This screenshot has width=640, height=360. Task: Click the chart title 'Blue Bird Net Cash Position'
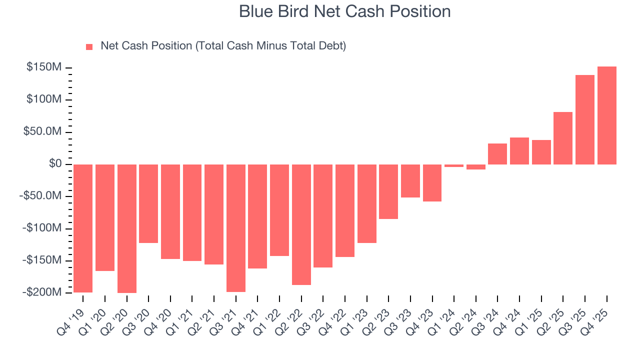click(344, 11)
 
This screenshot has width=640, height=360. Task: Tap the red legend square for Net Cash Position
click(89, 46)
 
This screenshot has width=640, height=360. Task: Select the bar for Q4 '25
click(606, 115)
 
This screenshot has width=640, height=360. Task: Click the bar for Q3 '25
click(585, 119)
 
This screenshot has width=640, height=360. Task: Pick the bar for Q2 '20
click(126, 228)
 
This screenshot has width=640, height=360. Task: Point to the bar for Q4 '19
click(83, 228)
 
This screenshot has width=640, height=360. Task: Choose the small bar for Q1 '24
click(454, 165)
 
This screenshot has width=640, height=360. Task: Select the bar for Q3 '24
click(497, 154)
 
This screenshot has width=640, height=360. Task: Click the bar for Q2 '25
click(563, 138)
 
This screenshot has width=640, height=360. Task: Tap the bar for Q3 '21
click(235, 228)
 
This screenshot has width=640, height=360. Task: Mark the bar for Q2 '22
click(301, 224)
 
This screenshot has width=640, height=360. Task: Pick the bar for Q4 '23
click(432, 183)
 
